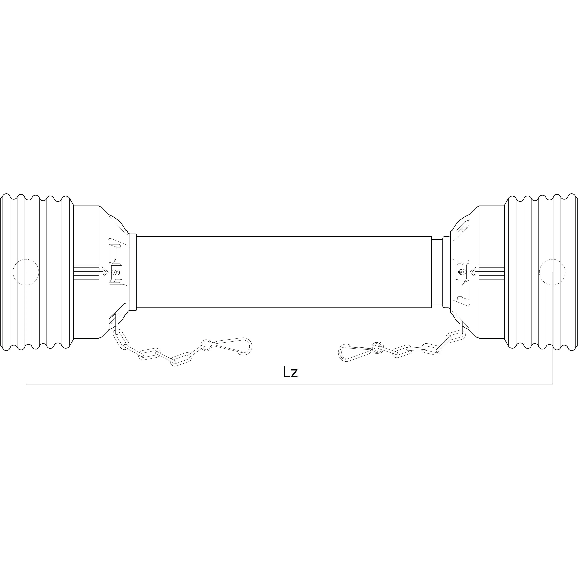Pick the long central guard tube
(284, 272)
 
